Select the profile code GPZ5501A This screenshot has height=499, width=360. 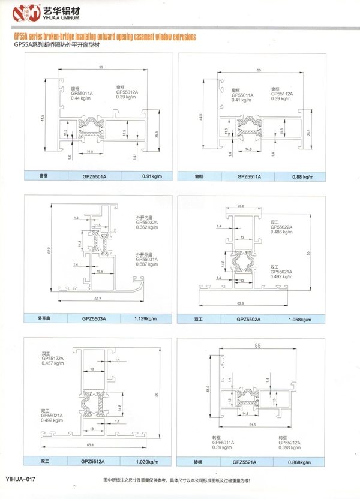point(94,177)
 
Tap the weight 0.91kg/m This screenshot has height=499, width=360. point(153,177)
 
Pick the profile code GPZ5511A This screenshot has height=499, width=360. point(248,177)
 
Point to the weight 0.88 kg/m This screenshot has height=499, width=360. point(302,177)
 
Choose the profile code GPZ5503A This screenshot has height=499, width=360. point(94,318)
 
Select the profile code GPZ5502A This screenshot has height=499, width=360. point(249,319)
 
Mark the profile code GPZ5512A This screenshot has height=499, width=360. point(94,461)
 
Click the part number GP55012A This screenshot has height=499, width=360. point(127,92)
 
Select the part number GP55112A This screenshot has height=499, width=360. point(282,94)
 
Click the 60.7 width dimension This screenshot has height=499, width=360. point(97,299)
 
